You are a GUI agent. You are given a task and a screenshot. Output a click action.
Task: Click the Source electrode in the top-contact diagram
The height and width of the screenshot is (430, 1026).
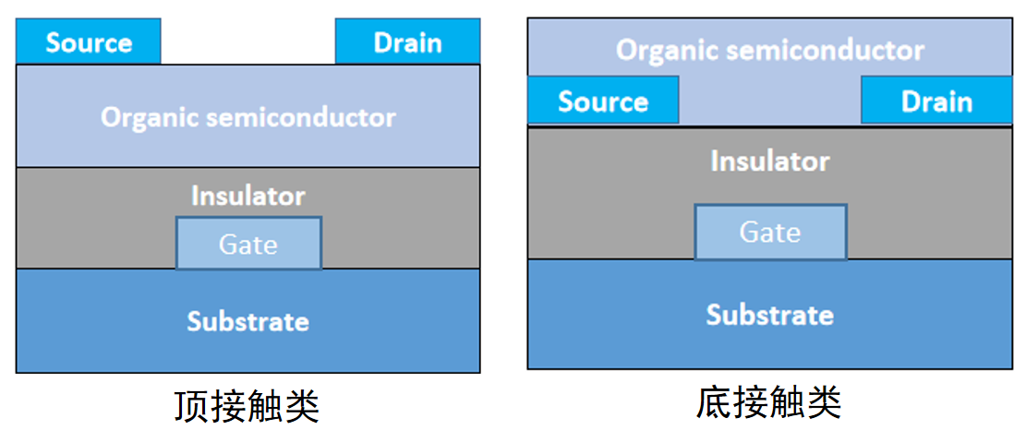[x=89, y=42]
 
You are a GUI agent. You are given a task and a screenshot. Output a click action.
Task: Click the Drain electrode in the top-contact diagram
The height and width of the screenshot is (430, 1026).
[x=407, y=42]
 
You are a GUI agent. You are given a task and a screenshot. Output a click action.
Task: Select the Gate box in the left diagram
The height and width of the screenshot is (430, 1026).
[x=248, y=244]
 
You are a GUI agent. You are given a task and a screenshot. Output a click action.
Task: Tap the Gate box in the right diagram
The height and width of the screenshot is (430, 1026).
[x=770, y=232]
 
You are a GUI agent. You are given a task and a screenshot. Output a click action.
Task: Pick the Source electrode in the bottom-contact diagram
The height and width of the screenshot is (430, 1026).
[x=603, y=101]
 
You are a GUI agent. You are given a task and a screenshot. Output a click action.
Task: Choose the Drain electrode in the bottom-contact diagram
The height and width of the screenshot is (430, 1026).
[x=936, y=101]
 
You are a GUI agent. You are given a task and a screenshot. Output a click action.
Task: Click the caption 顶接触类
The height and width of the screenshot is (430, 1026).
[x=247, y=405]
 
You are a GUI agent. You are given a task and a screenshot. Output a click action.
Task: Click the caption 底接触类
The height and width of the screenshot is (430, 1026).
[x=768, y=402]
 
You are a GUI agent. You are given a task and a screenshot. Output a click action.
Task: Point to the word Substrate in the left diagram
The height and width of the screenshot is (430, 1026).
[x=247, y=321]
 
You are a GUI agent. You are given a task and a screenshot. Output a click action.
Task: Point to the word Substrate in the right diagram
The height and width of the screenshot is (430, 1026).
[x=769, y=315]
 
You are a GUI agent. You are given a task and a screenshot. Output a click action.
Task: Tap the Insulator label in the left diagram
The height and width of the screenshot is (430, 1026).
[x=247, y=196]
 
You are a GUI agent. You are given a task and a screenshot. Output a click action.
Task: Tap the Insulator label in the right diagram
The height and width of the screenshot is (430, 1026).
[x=769, y=161]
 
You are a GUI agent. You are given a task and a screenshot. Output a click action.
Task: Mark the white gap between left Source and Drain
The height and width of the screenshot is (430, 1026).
[x=247, y=42]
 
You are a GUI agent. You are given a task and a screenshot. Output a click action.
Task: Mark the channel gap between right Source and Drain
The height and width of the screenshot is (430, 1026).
[x=769, y=101]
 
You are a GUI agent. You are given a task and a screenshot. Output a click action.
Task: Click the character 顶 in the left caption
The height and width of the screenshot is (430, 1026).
[x=191, y=405]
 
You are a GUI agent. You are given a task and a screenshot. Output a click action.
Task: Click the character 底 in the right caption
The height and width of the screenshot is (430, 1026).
[x=713, y=402]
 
